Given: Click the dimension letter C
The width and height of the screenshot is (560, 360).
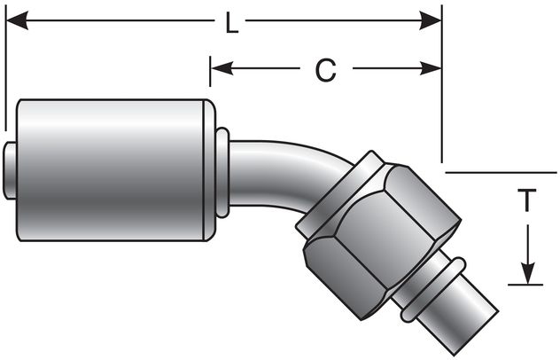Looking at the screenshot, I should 325,70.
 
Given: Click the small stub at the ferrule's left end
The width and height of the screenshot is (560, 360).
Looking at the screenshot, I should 10,169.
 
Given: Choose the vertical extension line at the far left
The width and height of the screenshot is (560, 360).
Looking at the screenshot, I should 5,71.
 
